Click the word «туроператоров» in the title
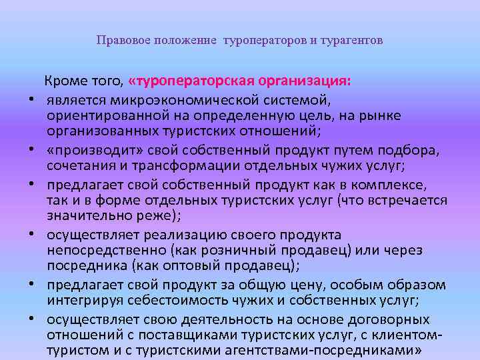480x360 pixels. coord(263,41)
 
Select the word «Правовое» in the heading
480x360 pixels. coord(119,41)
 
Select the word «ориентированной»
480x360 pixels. coord(98,116)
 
